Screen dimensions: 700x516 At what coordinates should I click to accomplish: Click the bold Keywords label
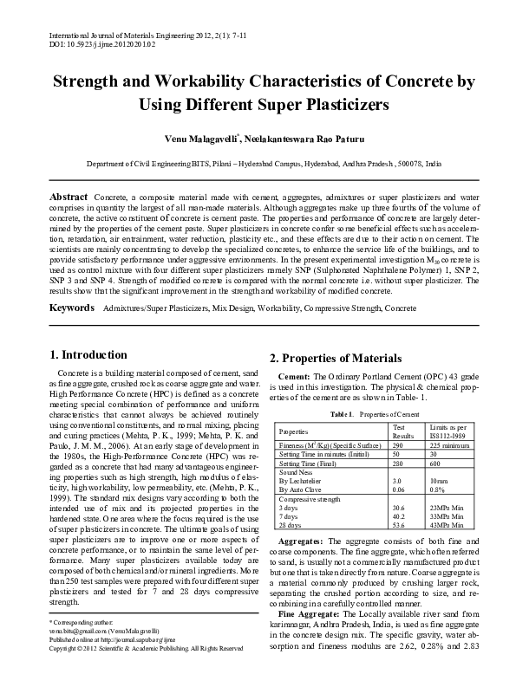pos(71,308)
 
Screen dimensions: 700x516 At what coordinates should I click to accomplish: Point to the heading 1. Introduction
pos(89,354)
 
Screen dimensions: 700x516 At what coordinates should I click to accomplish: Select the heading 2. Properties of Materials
pos(336,359)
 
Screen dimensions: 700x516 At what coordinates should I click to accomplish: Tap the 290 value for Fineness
pos(399,444)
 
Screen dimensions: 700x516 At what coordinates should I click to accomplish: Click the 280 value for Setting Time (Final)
pos(399,463)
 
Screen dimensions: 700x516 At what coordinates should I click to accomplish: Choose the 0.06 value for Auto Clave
pos(400,489)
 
